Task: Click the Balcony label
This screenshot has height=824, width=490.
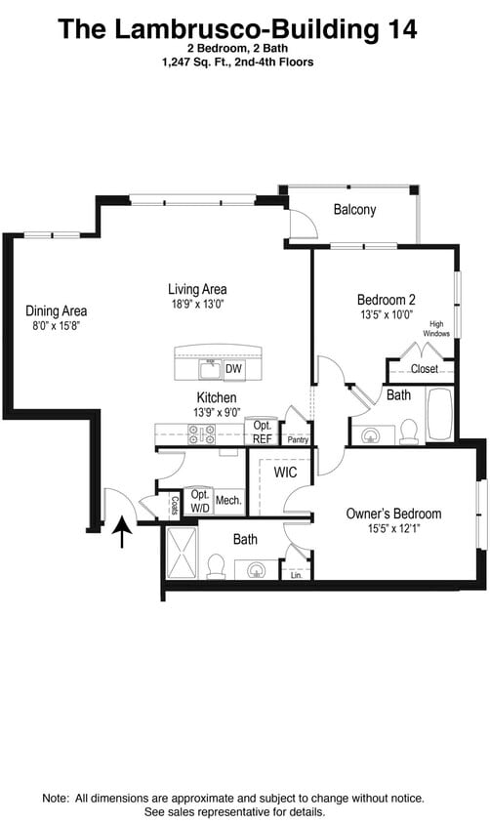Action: [354, 210]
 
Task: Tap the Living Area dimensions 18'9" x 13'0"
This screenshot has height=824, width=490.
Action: [197, 305]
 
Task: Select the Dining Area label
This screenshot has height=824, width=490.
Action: [56, 311]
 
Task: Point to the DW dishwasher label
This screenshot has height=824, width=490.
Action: [233, 369]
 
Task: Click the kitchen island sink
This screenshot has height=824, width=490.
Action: [209, 369]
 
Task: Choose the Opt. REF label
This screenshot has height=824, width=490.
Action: [263, 432]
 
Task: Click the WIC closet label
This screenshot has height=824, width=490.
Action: [285, 473]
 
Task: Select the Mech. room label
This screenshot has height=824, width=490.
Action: [228, 500]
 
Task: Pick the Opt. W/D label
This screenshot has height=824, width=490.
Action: [200, 500]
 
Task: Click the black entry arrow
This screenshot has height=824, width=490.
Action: [122, 532]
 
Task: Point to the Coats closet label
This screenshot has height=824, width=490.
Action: [175, 505]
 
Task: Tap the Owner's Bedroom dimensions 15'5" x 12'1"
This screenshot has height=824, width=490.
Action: [394, 530]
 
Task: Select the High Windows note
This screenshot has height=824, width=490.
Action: [436, 329]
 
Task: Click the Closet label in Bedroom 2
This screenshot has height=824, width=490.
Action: [424, 369]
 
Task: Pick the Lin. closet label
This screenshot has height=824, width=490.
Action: [297, 576]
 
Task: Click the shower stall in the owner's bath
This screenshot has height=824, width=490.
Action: [182, 553]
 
